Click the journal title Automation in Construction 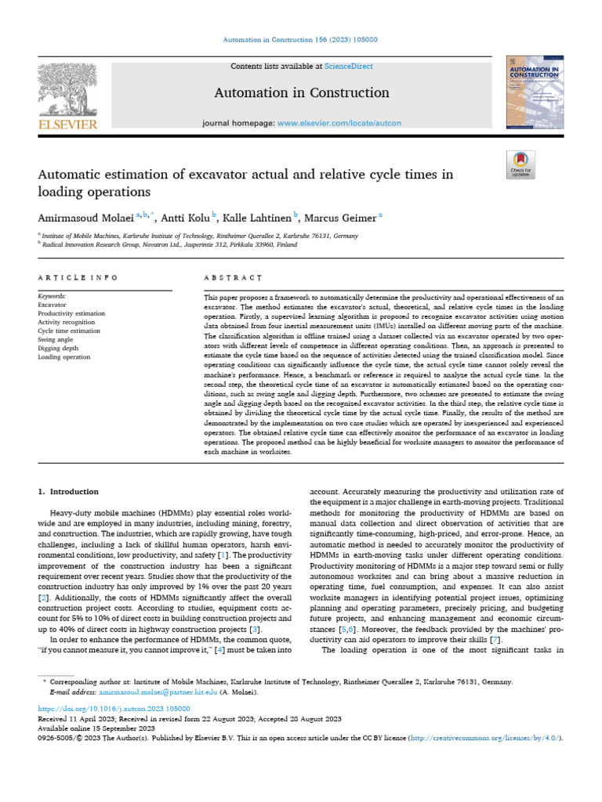click(302, 92)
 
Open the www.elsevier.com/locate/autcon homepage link click(339, 124)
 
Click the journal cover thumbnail click(535, 92)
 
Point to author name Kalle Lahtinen click(256, 217)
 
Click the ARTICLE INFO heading click(78, 277)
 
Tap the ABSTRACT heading click(232, 277)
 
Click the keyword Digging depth click(59, 349)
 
